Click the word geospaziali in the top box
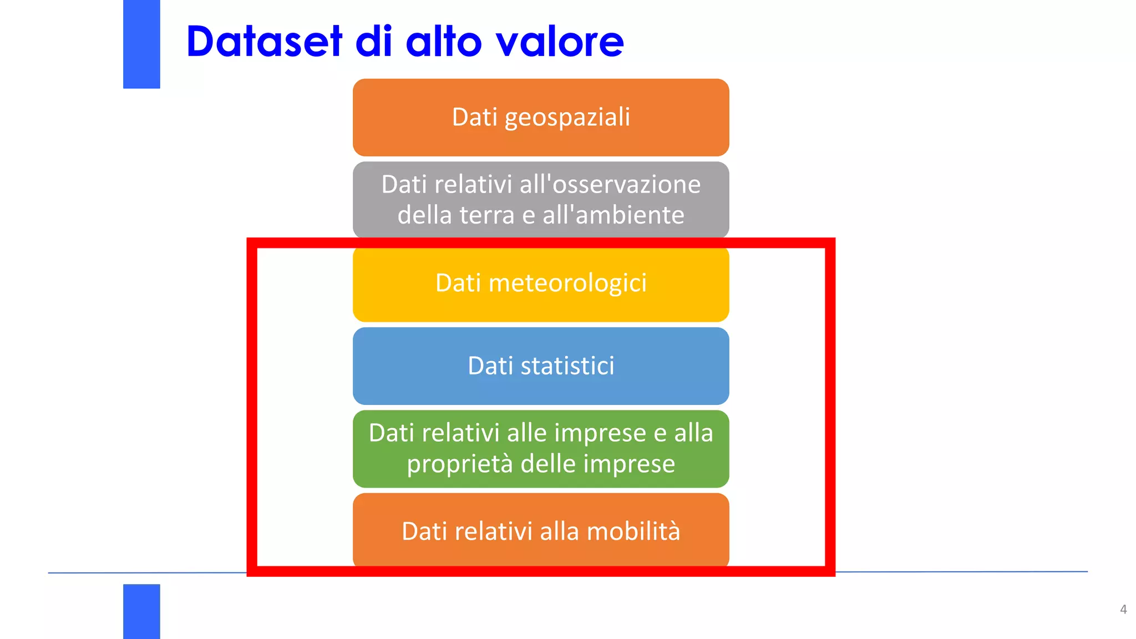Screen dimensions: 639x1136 pyautogui.click(x=567, y=118)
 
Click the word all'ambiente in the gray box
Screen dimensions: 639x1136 pyautogui.click(x=613, y=215)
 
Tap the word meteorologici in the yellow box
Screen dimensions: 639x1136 pyautogui.click(x=567, y=283)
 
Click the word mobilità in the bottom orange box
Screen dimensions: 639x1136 pyautogui.click(x=633, y=531)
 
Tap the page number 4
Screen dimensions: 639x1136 pyautogui.click(x=1123, y=610)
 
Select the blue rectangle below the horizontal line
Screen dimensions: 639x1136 pyautogui.click(x=141, y=611)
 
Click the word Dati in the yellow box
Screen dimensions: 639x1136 pyautogui.click(x=458, y=283)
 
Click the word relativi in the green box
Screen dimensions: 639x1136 pyautogui.click(x=458, y=433)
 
